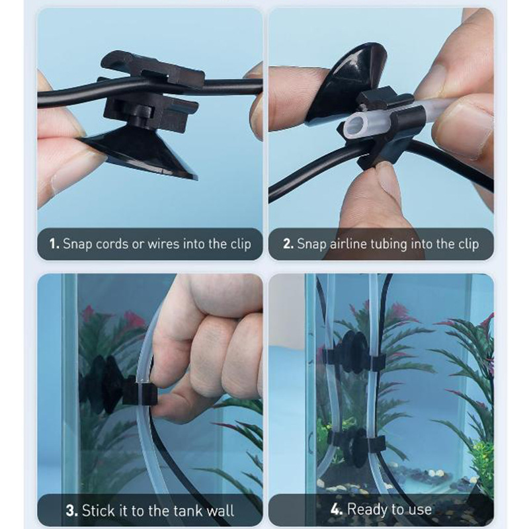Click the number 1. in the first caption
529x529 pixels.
[54, 243]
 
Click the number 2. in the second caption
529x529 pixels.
[288, 243]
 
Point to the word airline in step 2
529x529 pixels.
[348, 243]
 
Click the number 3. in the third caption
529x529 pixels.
[71, 510]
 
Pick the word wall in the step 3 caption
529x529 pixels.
[220, 510]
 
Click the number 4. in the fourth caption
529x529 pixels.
[337, 509]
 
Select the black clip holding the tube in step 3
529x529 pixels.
[140, 393]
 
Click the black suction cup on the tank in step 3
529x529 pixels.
[102, 385]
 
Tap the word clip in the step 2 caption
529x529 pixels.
[468, 244]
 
